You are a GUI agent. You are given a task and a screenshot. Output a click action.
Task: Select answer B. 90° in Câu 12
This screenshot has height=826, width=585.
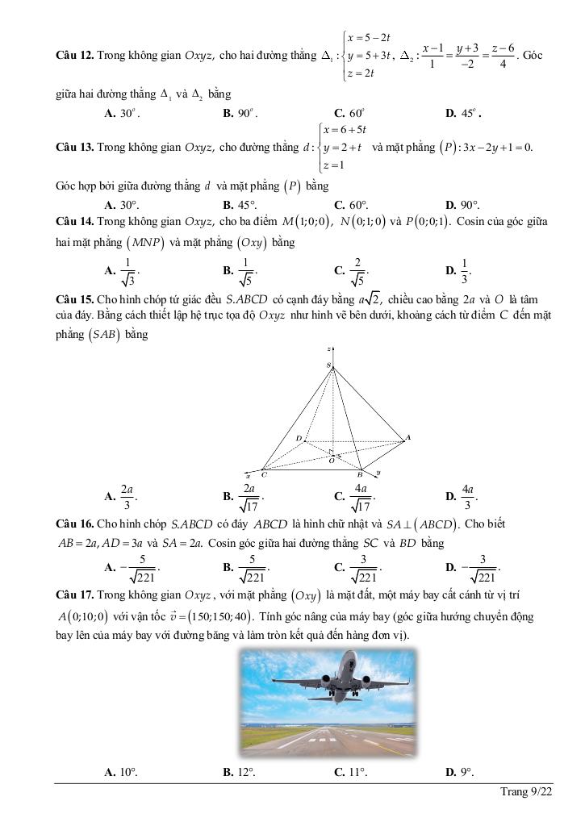pyautogui.click(x=240, y=114)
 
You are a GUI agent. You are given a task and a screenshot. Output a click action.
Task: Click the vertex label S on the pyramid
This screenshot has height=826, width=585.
pyautogui.click(x=328, y=365)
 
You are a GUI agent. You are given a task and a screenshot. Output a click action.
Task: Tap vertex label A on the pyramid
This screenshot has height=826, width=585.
pyautogui.click(x=407, y=437)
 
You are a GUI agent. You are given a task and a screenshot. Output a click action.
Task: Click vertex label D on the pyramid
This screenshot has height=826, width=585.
pyautogui.click(x=298, y=439)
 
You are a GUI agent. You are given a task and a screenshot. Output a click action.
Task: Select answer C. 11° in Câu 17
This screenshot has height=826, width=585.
pyautogui.click(x=350, y=772)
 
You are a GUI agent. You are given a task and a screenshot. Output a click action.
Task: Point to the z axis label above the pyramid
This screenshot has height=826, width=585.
pyautogui.click(x=330, y=348)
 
